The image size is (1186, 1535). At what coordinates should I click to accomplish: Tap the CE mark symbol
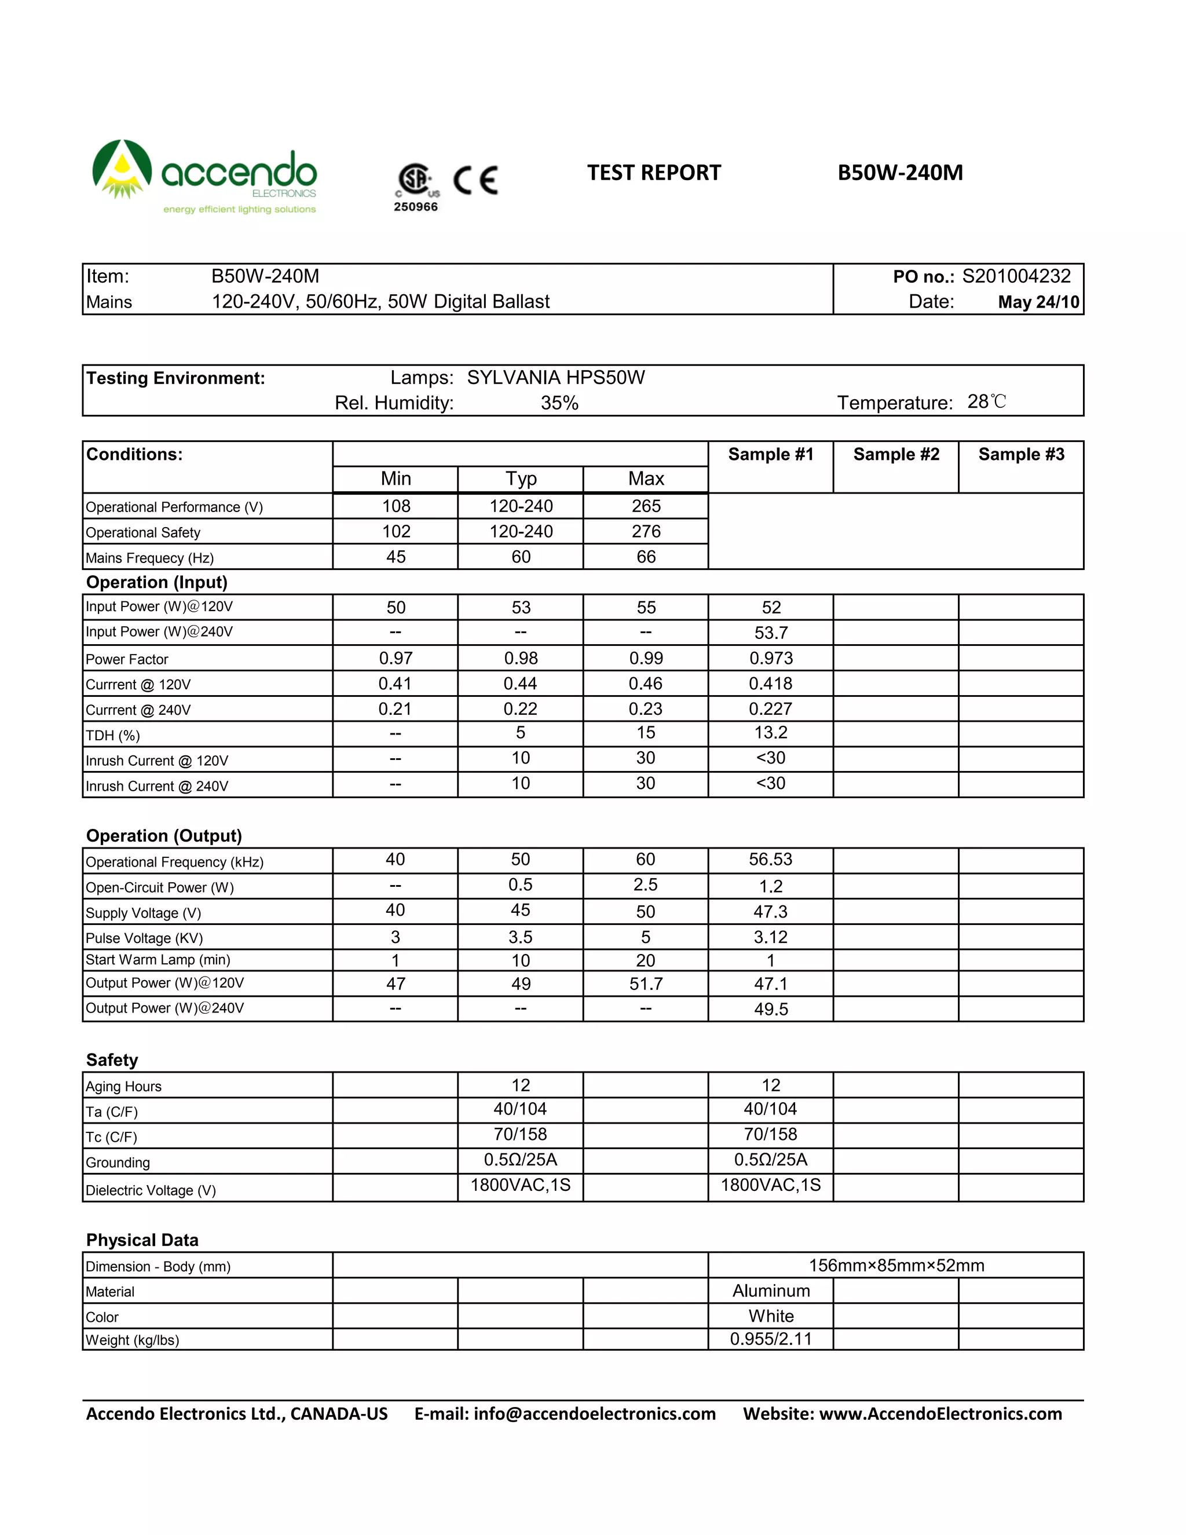(475, 180)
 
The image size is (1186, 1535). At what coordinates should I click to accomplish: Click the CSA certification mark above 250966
(416, 180)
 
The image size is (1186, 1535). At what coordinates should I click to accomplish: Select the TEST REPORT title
(653, 173)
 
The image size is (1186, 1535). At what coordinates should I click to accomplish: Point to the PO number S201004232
(1016, 276)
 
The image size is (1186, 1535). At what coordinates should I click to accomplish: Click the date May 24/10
(1038, 302)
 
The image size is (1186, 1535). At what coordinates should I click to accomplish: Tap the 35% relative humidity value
(559, 403)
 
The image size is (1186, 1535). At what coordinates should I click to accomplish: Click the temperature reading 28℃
(986, 402)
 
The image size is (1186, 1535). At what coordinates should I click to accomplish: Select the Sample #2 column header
(896, 455)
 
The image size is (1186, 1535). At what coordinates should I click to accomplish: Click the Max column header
(646, 478)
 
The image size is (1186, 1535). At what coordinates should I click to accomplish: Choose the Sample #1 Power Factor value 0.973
(771, 659)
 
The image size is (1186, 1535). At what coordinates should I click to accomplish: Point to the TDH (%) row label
(113, 736)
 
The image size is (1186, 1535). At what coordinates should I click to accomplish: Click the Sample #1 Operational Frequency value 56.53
(771, 860)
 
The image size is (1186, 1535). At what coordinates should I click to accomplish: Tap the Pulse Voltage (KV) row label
(144, 938)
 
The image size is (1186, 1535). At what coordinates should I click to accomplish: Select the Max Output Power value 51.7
(646, 984)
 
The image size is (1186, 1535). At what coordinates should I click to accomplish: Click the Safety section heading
(112, 1060)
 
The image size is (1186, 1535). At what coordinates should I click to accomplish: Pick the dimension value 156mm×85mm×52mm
(896, 1266)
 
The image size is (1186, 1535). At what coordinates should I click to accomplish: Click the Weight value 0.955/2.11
(771, 1339)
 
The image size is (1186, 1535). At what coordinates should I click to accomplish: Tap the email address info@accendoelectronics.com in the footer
(594, 1414)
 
